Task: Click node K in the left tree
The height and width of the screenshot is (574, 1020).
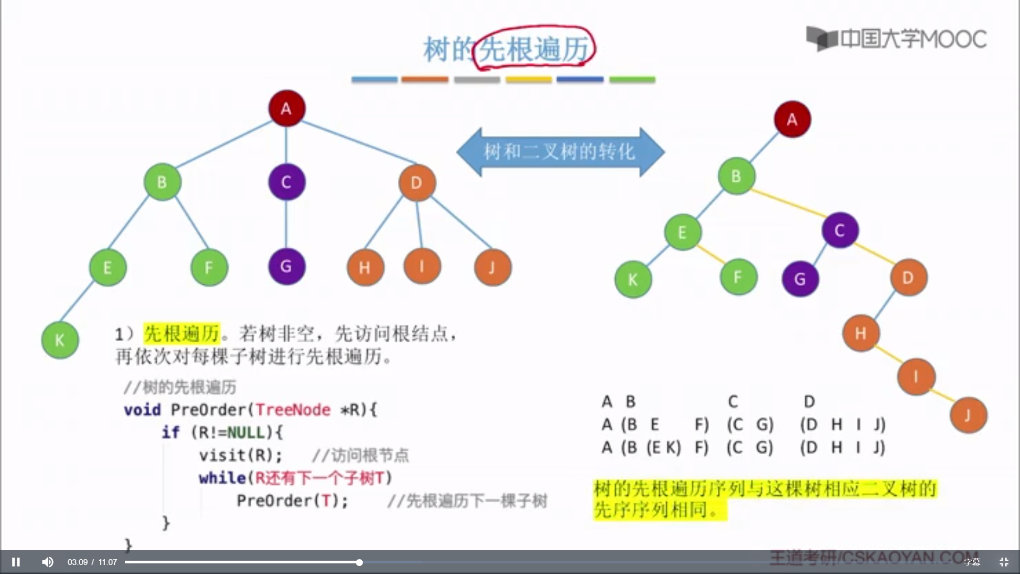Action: [x=60, y=340]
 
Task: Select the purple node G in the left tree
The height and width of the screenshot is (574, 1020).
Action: [x=286, y=266]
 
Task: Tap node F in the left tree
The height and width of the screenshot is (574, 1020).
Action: [x=209, y=267]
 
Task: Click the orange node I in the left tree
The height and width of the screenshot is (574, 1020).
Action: [x=422, y=266]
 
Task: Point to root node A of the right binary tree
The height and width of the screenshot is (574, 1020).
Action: [x=792, y=119]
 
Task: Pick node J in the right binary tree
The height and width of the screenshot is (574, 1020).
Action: [x=968, y=415]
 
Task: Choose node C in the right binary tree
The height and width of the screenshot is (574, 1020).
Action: [x=839, y=230]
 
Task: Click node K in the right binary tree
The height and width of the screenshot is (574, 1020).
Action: [x=633, y=280]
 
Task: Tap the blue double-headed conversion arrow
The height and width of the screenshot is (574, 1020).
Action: [x=560, y=152]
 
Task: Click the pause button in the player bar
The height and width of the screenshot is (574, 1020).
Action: [x=16, y=562]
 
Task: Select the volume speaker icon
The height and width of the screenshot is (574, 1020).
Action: [x=48, y=562]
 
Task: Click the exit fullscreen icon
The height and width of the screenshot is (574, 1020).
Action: [x=1004, y=562]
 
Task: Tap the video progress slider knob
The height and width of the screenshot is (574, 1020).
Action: [x=359, y=562]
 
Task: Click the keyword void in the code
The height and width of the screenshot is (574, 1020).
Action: [x=142, y=410]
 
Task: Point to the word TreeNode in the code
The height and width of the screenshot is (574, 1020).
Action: [x=293, y=410]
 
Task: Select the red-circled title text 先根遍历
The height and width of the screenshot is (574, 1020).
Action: [x=533, y=49]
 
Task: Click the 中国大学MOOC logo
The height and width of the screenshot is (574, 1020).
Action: [x=896, y=39]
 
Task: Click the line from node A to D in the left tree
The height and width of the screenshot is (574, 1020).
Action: [x=359, y=142]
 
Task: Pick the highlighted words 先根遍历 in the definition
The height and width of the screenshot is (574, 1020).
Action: [x=182, y=334]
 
